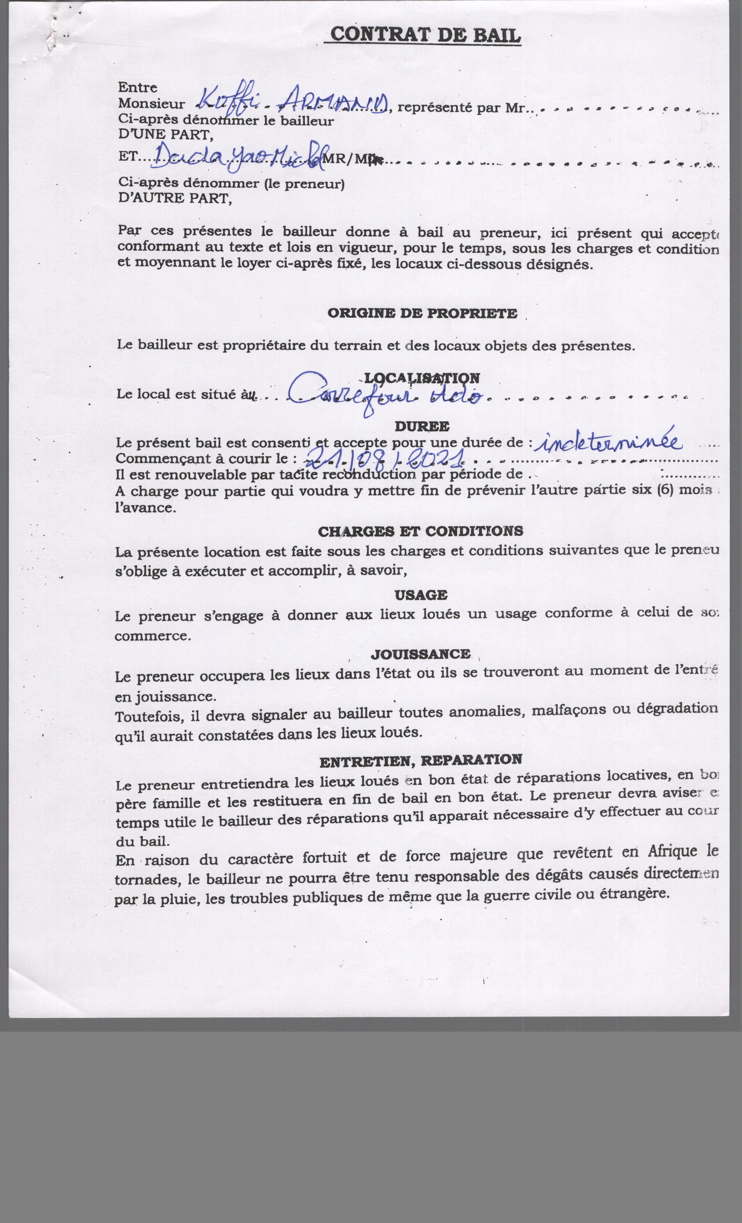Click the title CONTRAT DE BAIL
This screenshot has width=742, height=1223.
pyautogui.click(x=425, y=35)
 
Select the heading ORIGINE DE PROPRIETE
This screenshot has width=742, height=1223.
pyautogui.click(x=422, y=314)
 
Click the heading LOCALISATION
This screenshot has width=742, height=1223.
pyautogui.click(x=422, y=378)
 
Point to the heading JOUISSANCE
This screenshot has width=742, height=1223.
pyautogui.click(x=420, y=654)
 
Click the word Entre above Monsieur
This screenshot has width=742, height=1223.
pyautogui.click(x=137, y=88)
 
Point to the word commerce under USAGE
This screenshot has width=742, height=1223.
pyautogui.click(x=153, y=636)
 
